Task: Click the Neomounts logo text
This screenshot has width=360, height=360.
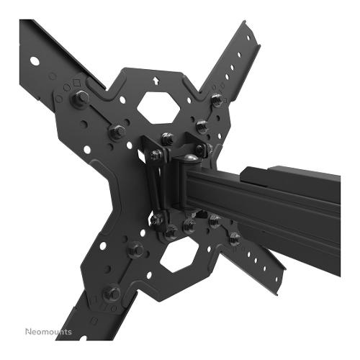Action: [49, 332]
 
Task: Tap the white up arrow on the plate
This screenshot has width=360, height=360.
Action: [156, 80]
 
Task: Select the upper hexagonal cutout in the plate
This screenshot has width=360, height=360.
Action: [158, 108]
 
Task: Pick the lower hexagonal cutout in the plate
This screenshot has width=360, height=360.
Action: [179, 256]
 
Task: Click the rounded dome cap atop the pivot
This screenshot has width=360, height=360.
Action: [192, 158]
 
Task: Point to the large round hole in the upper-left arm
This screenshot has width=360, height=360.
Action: [35, 61]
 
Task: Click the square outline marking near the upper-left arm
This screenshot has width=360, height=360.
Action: [77, 83]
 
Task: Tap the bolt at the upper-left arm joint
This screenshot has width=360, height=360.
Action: [81, 98]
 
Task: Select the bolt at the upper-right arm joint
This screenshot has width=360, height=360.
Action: [217, 99]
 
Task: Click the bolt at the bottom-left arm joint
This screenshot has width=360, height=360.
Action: [112, 293]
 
